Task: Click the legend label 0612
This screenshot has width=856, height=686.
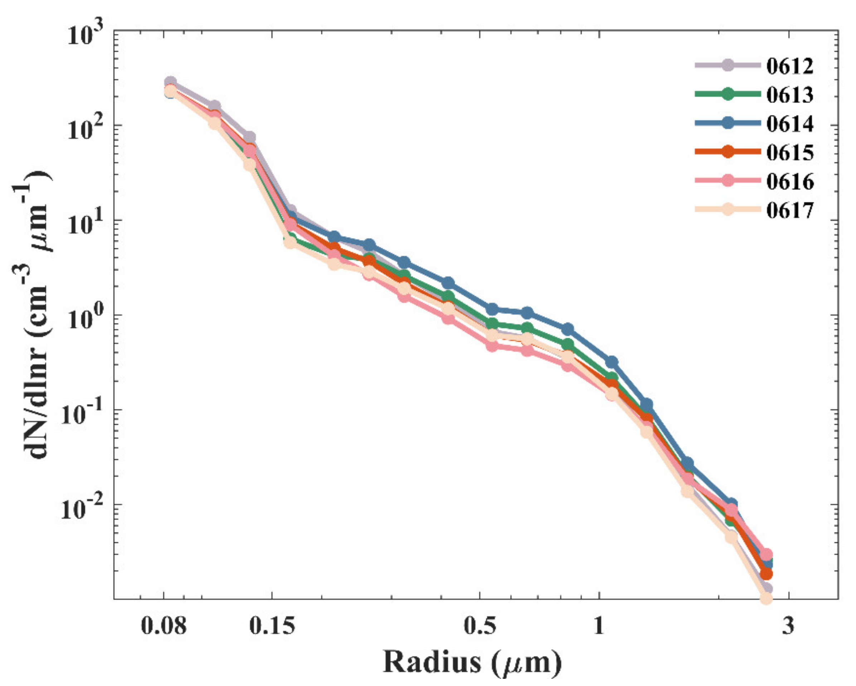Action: [790, 66]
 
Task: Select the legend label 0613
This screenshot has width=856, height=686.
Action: [790, 95]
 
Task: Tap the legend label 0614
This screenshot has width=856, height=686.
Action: [790, 124]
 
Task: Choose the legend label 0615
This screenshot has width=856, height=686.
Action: [790, 153]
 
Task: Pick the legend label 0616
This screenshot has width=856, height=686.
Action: [790, 182]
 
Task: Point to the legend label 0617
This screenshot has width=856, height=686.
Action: [790, 211]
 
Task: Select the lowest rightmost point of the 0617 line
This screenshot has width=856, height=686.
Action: [766, 598]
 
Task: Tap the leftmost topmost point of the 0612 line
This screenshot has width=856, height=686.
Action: [170, 82]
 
